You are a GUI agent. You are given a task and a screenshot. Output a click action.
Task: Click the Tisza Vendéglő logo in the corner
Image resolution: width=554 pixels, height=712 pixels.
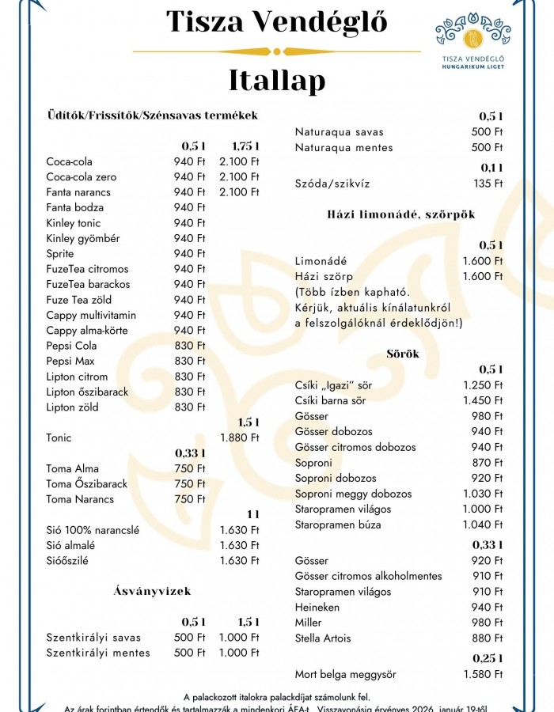click(x=473, y=40)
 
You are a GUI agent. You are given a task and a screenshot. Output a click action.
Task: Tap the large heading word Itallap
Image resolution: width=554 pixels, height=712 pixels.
click(x=276, y=81)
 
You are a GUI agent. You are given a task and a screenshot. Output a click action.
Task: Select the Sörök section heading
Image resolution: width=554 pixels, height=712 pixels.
click(x=403, y=354)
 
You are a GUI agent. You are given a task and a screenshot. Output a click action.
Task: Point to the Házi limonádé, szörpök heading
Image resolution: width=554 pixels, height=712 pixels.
click(x=400, y=214)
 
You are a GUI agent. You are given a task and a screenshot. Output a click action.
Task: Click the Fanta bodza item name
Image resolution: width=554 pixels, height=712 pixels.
click(x=74, y=207)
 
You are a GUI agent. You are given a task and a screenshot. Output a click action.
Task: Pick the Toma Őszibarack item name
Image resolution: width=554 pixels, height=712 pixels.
click(x=86, y=484)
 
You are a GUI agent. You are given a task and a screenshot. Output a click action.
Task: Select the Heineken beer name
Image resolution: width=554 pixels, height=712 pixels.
click(x=317, y=608)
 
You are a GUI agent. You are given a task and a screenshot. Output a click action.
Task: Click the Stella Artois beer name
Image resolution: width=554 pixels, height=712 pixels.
click(x=322, y=638)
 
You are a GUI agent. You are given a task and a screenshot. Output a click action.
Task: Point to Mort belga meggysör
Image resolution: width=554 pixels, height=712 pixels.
click(x=345, y=675)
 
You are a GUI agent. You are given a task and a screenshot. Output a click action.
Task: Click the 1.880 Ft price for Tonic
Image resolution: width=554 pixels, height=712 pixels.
click(x=239, y=437)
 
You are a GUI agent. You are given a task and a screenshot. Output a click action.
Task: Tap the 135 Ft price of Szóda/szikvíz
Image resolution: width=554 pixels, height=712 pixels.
click(x=487, y=184)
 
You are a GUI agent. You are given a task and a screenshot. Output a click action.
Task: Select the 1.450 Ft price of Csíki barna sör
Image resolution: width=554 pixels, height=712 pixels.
click(x=483, y=400)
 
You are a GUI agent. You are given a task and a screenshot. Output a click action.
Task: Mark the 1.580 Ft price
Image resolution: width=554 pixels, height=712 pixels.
click(x=483, y=675)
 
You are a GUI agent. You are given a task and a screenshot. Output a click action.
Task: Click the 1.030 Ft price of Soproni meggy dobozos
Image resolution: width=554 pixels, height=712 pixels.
click(x=483, y=494)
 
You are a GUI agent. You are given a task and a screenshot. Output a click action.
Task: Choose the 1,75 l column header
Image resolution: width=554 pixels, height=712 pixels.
click(x=245, y=146)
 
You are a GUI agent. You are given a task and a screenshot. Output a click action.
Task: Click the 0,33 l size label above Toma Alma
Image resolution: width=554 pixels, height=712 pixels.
click(x=190, y=453)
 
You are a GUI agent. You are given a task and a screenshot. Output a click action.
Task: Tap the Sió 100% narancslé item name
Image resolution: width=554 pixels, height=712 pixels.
click(x=93, y=530)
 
